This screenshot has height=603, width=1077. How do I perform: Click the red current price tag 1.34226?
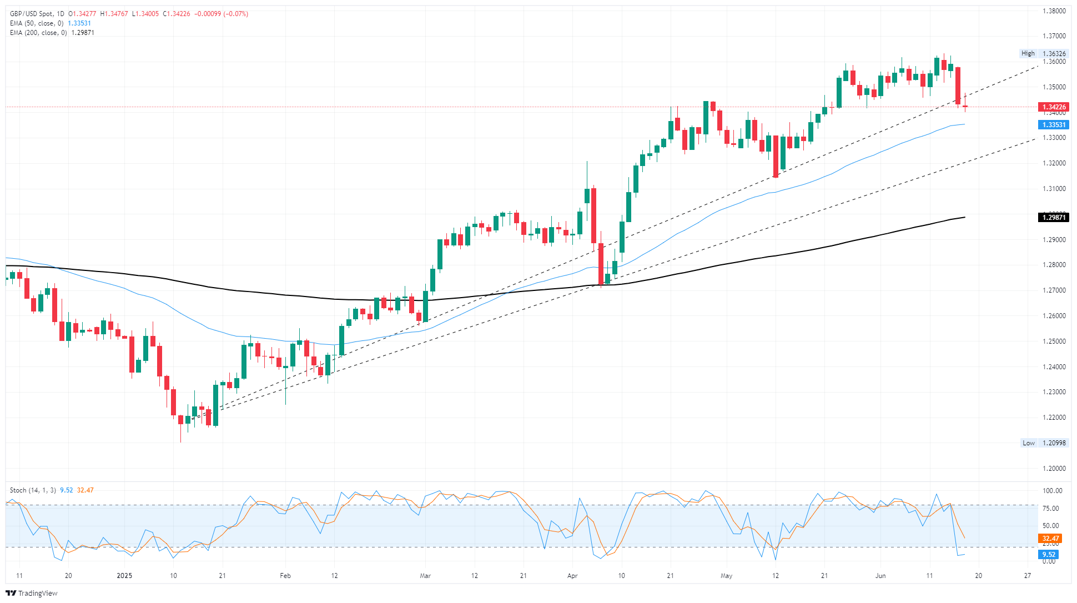pyautogui.click(x=1053, y=107)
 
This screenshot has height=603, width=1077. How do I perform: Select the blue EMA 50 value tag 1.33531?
pyautogui.click(x=1053, y=125)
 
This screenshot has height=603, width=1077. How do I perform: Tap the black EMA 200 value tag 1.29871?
pyautogui.click(x=1053, y=218)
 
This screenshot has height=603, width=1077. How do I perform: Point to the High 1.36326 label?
pyautogui.click(x=1043, y=54)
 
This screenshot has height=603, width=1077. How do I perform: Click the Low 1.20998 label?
pyautogui.click(x=1044, y=443)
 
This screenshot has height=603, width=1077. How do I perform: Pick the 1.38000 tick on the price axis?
pyautogui.click(x=1054, y=11)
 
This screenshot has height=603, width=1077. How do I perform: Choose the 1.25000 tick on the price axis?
pyautogui.click(x=1054, y=341)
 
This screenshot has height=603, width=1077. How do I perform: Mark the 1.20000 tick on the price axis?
pyautogui.click(x=1054, y=469)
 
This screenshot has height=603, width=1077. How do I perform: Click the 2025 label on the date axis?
pyautogui.click(x=124, y=576)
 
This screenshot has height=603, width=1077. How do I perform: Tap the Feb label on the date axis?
pyautogui.click(x=285, y=576)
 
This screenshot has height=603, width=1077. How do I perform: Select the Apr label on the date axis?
pyautogui.click(x=572, y=576)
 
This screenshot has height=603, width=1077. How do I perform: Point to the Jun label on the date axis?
pyautogui.click(x=880, y=576)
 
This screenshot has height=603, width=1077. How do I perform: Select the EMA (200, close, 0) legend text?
pyautogui.click(x=38, y=33)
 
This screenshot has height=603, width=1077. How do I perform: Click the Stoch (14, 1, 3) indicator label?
pyautogui.click(x=33, y=490)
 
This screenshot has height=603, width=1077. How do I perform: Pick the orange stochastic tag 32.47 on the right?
pyautogui.click(x=1050, y=539)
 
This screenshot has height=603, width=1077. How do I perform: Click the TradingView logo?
pyautogui.click(x=32, y=593)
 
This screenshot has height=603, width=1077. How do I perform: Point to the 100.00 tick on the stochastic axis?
pyautogui.click(x=1053, y=491)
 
